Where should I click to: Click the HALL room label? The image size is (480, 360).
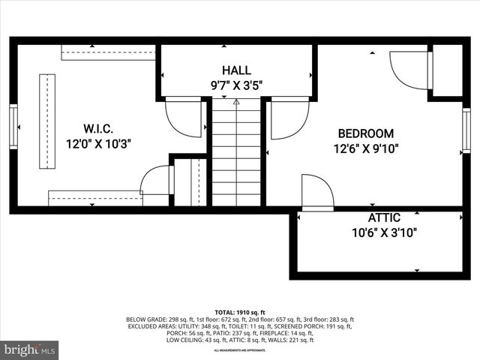[236, 70]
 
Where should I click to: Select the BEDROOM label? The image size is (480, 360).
[365, 133]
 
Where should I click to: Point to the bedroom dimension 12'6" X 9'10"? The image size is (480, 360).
[366, 148]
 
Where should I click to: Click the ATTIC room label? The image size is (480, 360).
[384, 217]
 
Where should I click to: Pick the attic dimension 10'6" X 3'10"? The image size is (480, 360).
[385, 232]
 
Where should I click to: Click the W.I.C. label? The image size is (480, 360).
[98, 129]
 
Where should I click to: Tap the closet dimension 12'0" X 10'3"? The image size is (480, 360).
[98, 144]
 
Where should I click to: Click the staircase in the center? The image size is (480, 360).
[236, 154]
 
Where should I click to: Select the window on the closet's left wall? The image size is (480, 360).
[13, 127]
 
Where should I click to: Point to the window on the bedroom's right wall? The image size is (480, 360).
[466, 131]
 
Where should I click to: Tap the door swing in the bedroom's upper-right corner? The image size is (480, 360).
[410, 70]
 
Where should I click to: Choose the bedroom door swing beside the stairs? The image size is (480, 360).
[289, 118]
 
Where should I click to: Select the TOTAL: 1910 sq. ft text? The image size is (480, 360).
[240, 312]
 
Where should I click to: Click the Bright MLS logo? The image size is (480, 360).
[30, 349]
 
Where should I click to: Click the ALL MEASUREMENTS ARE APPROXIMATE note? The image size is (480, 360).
[240, 350]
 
